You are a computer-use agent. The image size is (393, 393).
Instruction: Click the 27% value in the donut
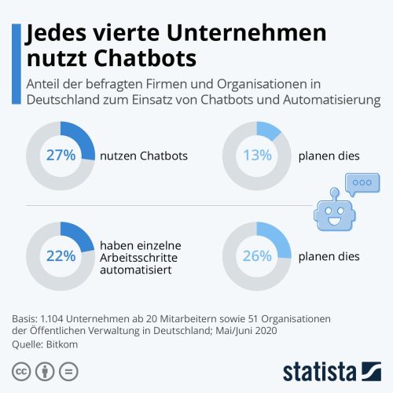pos(60,155)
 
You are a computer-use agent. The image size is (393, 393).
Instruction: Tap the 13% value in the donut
pos(257,155)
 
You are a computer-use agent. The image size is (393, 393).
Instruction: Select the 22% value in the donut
pos(60,255)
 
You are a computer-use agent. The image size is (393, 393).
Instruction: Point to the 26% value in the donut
pos(257,255)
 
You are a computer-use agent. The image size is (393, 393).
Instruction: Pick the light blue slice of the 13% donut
pos(270,129)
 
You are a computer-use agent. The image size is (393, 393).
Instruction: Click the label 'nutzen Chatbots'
pos(144,156)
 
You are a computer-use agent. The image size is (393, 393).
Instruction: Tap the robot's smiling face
pos(333,215)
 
